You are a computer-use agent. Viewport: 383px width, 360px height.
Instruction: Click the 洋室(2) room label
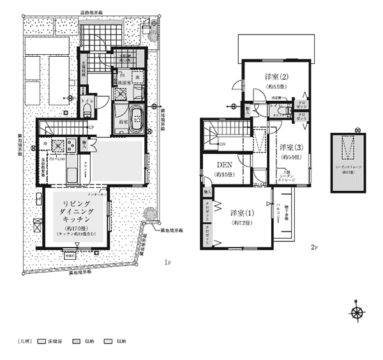tap(278, 77)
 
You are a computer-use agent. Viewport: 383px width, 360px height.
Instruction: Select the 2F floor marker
tap(313, 247)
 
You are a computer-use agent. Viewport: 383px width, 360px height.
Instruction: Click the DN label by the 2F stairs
tap(222, 144)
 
